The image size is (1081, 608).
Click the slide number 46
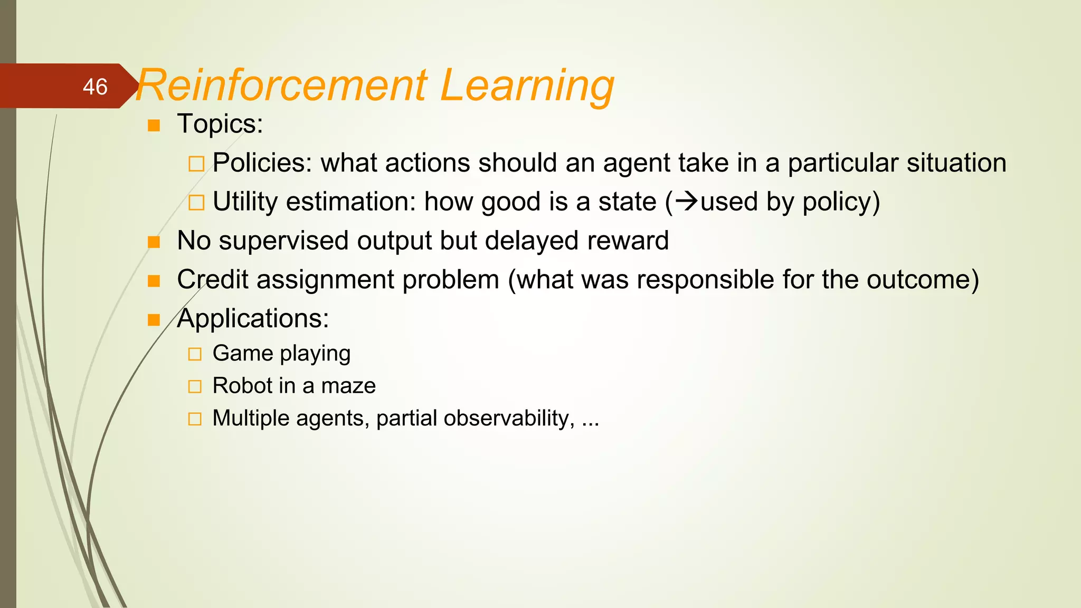(x=95, y=87)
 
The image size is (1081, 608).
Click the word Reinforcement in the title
(x=281, y=85)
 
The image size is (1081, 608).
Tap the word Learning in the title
(x=526, y=85)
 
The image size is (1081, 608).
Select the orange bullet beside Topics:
(x=154, y=126)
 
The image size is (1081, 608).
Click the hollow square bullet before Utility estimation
(x=196, y=202)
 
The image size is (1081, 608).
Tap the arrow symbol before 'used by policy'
(x=687, y=201)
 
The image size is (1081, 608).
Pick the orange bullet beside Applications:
(x=154, y=320)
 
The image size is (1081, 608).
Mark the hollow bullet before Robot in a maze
(x=195, y=387)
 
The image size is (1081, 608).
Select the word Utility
(x=245, y=202)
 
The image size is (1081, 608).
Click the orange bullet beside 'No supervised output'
(x=154, y=242)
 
